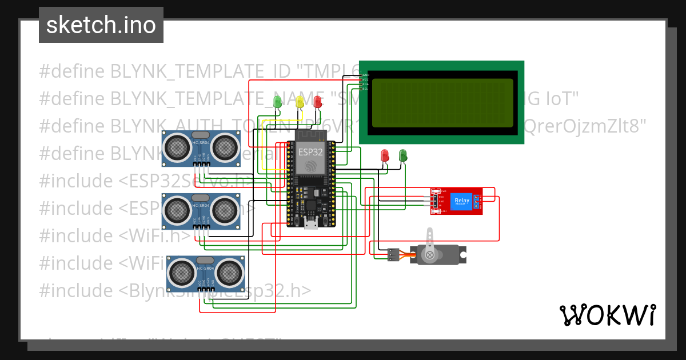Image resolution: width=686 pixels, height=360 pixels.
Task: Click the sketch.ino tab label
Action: tap(101, 25)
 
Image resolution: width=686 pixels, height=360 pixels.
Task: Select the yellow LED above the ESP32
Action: tap(300, 102)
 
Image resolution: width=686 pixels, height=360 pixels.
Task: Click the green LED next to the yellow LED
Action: tap(278, 102)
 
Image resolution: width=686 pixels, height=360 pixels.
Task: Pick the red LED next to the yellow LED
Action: tap(318, 102)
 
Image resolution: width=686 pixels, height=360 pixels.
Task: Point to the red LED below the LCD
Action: tap(385, 155)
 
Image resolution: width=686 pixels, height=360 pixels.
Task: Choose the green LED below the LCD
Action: tap(402, 155)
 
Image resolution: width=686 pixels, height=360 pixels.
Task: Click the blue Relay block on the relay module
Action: tap(461, 201)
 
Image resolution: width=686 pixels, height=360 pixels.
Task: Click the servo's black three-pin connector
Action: tap(393, 254)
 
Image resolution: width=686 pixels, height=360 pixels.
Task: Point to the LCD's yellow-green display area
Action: tap(442, 103)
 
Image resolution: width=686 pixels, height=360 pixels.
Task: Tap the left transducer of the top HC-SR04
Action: tap(177, 147)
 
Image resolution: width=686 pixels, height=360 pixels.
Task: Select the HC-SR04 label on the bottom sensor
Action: tap(205, 269)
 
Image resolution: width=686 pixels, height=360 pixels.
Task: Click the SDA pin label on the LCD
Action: tap(364, 84)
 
